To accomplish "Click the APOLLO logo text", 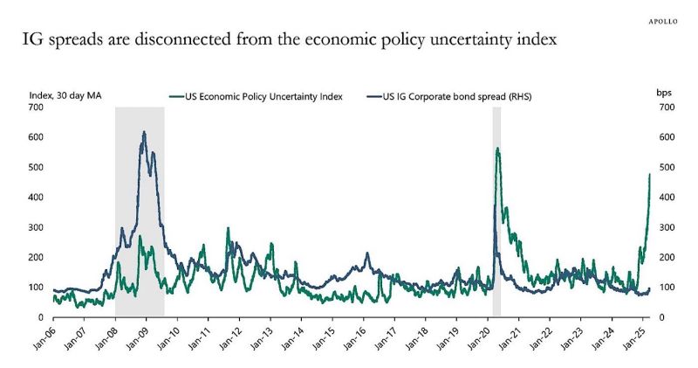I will point(665,17).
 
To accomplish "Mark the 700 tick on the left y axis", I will point(36,108).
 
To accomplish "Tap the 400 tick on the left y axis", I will point(36,198).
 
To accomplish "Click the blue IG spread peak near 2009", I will point(144,132).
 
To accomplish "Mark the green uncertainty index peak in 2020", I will point(497,149).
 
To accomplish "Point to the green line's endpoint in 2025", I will point(650,175).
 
